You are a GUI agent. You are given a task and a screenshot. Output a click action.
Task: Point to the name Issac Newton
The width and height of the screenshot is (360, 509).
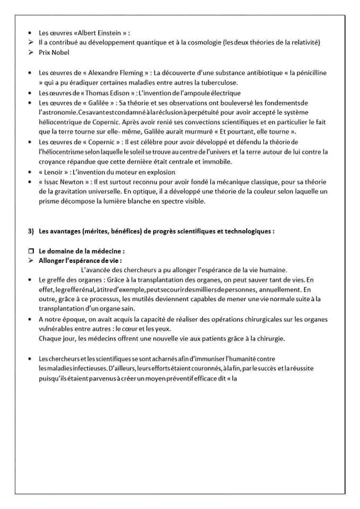click(62, 182)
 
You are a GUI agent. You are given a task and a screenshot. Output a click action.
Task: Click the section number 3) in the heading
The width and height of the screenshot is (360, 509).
click(31, 231)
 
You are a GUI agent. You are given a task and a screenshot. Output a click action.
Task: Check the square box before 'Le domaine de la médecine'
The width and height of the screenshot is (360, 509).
click(31, 251)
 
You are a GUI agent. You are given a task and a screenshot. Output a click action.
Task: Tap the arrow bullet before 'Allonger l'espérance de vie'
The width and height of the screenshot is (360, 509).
click(31, 260)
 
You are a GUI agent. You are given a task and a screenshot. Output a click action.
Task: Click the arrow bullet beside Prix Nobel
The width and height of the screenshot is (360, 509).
click(31, 52)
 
